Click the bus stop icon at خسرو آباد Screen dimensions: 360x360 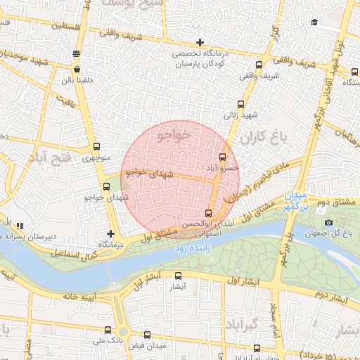[224, 157]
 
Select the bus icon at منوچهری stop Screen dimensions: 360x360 [96, 147]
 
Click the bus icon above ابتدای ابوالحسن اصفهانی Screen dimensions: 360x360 [208, 213]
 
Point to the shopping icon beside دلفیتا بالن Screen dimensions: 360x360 [77, 70]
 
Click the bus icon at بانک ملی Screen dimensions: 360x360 [108, 330]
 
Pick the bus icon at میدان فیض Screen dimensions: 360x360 [148, 336]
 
